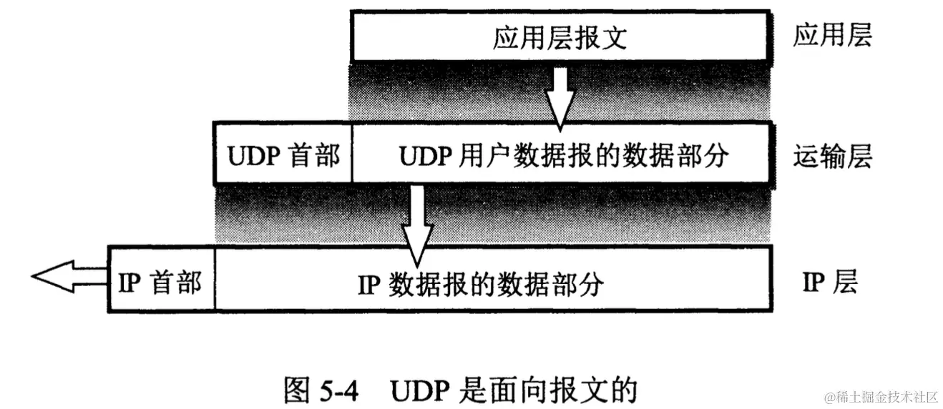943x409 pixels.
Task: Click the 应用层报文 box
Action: (561, 36)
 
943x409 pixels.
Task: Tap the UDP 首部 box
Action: (283, 154)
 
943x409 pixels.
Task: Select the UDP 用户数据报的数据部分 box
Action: (562, 154)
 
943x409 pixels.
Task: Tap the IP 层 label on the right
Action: (829, 283)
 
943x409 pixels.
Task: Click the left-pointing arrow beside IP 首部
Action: (68, 277)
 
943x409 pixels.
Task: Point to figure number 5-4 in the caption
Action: (338, 389)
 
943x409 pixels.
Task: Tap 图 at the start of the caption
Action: (296, 389)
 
